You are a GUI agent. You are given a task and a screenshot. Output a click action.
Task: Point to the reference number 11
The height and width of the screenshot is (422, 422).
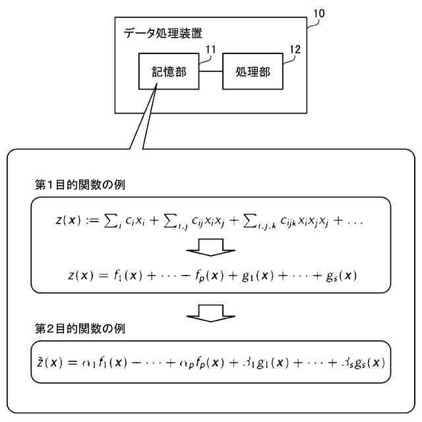pyautogui.click(x=211, y=49)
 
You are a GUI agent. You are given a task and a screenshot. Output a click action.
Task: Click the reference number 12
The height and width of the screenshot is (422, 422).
pyautogui.click(x=295, y=49)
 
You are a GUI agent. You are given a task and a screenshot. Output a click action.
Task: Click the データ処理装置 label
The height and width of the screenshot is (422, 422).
pyautogui.click(x=163, y=32)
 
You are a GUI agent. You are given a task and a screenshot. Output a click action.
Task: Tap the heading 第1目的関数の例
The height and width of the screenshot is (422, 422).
pyautogui.click(x=80, y=184)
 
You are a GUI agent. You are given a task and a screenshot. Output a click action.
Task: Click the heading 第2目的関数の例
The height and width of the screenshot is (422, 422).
pyautogui.click(x=80, y=328)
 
